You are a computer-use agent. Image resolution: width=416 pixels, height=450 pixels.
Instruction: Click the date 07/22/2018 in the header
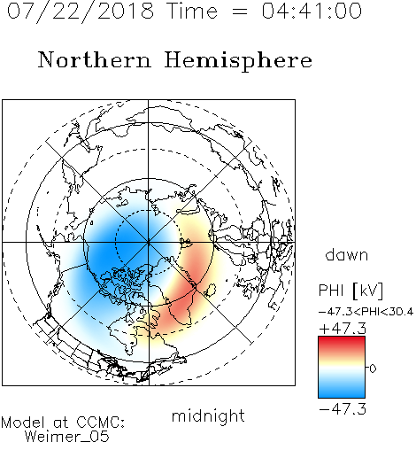pyautogui.click(x=81, y=12)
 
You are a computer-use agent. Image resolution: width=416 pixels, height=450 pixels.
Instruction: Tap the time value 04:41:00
pyautogui.click(x=312, y=11)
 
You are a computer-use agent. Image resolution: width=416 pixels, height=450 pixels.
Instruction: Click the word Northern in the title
pyautogui.click(x=95, y=60)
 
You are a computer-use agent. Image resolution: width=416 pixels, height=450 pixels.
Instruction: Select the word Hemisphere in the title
pyautogui.click(x=238, y=60)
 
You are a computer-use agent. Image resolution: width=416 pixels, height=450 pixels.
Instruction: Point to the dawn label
pyautogui.click(x=347, y=255)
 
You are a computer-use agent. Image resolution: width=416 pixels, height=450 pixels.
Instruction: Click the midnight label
pyautogui.click(x=208, y=416)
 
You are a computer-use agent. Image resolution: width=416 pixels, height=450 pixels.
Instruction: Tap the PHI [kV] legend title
pyautogui.click(x=351, y=291)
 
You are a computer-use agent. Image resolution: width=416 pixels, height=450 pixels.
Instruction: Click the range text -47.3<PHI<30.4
pyautogui.click(x=366, y=312)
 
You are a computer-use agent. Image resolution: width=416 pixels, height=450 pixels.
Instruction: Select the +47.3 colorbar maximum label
pyautogui.click(x=343, y=329)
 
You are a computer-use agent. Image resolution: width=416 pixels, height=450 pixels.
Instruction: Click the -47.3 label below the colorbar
pyautogui.click(x=343, y=409)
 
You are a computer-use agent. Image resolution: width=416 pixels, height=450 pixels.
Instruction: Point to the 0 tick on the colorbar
pyautogui.click(x=373, y=369)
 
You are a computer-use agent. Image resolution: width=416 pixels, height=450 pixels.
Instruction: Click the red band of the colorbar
pyautogui.click(x=342, y=344)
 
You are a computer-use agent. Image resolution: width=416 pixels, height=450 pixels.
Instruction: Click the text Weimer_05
pyautogui.click(x=67, y=436)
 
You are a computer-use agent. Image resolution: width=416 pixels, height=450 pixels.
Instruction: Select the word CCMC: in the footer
pyautogui.click(x=100, y=423)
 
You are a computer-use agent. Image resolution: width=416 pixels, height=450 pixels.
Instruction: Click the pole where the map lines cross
pyautogui.click(x=149, y=243)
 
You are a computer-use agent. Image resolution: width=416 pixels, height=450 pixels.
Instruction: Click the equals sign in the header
pyautogui.click(x=239, y=12)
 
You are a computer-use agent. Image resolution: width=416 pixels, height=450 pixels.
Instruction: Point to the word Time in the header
pyautogui.click(x=192, y=11)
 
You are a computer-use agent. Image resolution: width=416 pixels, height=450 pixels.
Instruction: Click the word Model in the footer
pyautogui.click(x=23, y=423)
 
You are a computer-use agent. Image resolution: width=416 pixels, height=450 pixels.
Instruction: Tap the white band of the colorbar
pyautogui.click(x=342, y=369)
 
